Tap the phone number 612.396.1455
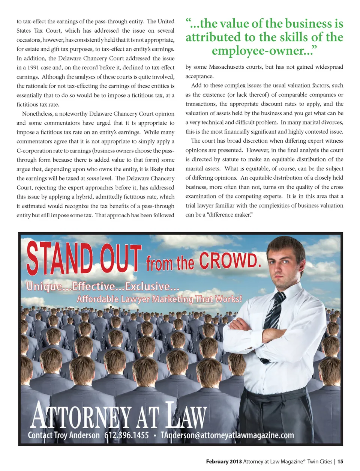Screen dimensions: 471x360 click(126, 435)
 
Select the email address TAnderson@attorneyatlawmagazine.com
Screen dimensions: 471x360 click(227, 435)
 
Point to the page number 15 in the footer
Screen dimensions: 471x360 click(340, 462)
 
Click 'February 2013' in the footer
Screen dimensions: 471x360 click(224, 462)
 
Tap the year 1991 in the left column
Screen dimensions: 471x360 click(31, 68)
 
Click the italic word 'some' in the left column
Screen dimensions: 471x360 click(93, 178)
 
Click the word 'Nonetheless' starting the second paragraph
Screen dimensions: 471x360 click(37, 114)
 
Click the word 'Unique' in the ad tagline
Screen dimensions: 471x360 click(44, 287)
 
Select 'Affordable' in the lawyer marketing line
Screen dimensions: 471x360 click(98, 299)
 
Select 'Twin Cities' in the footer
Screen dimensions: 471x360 click(320, 462)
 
